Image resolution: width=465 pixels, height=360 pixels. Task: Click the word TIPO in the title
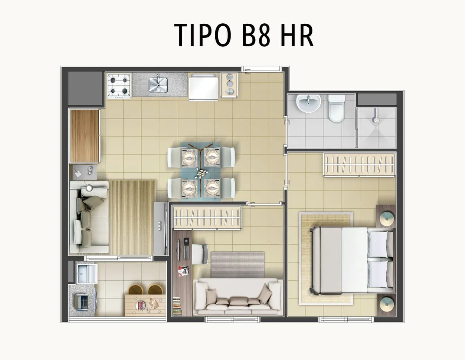[202, 35]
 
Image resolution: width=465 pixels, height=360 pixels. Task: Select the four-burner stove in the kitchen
[119, 86]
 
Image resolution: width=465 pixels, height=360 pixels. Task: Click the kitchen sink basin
[158, 85]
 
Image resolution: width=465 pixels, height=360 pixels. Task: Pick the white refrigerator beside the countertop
[203, 87]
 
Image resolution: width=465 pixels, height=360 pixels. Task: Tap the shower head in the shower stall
[376, 116]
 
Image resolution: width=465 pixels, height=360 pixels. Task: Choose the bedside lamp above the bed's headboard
[387, 218]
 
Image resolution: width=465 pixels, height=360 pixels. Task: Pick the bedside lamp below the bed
[387, 304]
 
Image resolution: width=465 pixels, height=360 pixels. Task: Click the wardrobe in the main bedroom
[360, 165]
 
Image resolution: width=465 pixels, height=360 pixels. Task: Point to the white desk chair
[200, 254]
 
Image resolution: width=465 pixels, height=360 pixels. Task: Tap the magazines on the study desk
[183, 271]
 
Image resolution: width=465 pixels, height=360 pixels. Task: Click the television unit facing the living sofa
[160, 228]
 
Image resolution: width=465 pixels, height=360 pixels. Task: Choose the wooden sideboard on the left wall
[85, 136]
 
